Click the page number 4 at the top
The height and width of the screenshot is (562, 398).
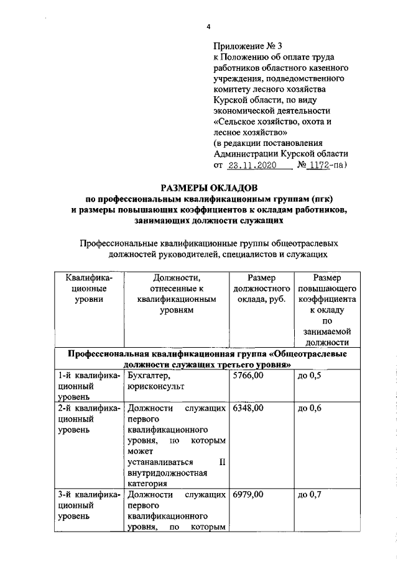(209, 26)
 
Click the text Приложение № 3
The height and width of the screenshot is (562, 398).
(248, 46)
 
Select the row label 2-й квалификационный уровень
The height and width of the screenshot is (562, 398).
(88, 419)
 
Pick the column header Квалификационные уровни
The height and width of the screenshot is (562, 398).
(88, 289)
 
